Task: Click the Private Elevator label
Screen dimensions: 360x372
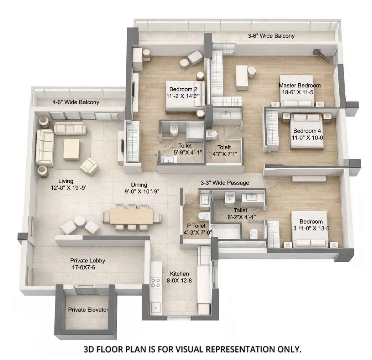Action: [x=88, y=310]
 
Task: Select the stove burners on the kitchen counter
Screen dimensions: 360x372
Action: [x=156, y=283]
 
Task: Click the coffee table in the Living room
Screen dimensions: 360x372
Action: [x=71, y=149]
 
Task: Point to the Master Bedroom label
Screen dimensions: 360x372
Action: [x=299, y=89]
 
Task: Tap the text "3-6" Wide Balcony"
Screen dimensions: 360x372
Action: [x=271, y=36]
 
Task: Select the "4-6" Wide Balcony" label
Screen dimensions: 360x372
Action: [x=76, y=102]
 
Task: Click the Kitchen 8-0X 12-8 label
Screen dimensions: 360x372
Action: [x=179, y=277]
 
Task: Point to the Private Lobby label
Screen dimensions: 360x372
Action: [x=88, y=264]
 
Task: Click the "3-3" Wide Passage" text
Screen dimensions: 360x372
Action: [x=225, y=183]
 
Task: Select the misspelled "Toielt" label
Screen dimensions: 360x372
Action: [x=224, y=147]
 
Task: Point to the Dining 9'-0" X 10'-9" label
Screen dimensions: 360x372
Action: [x=139, y=188]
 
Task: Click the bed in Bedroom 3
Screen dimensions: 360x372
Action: [x=309, y=230]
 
